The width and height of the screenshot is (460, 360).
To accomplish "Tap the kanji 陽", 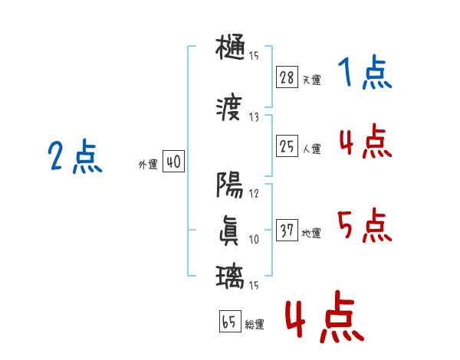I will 231,185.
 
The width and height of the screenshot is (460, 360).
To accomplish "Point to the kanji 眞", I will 231,231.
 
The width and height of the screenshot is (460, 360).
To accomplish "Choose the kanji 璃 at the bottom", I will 231,275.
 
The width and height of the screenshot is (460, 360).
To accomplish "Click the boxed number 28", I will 287,77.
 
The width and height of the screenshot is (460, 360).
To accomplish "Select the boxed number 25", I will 287,146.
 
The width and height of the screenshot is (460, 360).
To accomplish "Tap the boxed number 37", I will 287,231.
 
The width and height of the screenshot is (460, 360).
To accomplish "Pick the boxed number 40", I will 173,163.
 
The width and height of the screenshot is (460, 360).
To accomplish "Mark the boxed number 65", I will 229,322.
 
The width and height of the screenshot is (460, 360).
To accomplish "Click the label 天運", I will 311,80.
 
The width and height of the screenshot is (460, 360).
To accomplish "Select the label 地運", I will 311,234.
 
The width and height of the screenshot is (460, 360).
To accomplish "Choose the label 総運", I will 255,325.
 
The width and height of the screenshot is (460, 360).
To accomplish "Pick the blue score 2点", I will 74,157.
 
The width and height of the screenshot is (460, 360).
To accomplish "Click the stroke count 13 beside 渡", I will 255,116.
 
